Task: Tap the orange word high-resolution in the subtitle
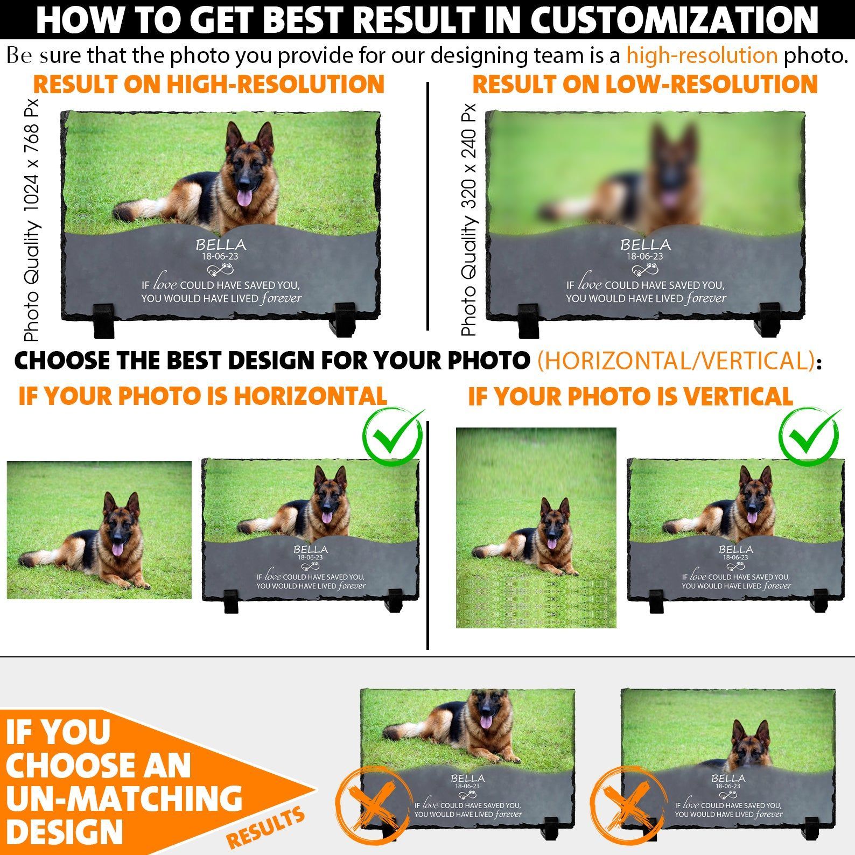(702, 55)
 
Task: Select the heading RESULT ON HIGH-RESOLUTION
(209, 85)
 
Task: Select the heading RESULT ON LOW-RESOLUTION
(645, 85)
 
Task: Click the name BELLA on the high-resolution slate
(221, 245)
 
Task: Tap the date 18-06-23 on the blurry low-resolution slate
(644, 257)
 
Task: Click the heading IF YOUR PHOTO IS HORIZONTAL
(202, 396)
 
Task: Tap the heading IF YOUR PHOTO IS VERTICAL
(630, 397)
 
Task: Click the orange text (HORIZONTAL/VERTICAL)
(676, 361)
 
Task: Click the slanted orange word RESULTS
(265, 828)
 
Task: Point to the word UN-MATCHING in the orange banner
(124, 798)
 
